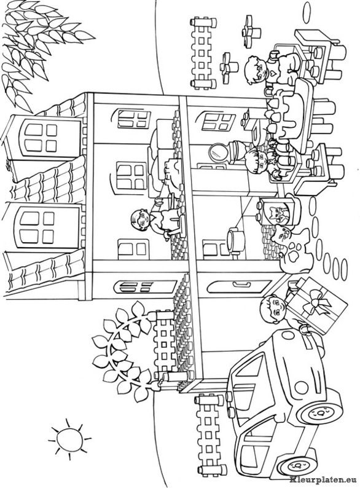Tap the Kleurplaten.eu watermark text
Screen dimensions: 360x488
tap(324, 481)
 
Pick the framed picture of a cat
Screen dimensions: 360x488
tap(279, 211)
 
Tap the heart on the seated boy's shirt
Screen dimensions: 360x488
tap(272, 74)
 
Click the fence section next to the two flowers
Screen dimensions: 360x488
tap(202, 53)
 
